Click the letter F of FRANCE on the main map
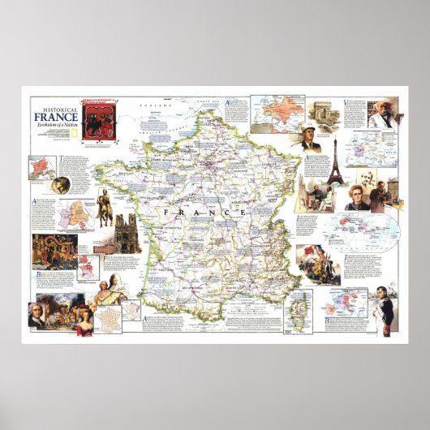click(x=164, y=212)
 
